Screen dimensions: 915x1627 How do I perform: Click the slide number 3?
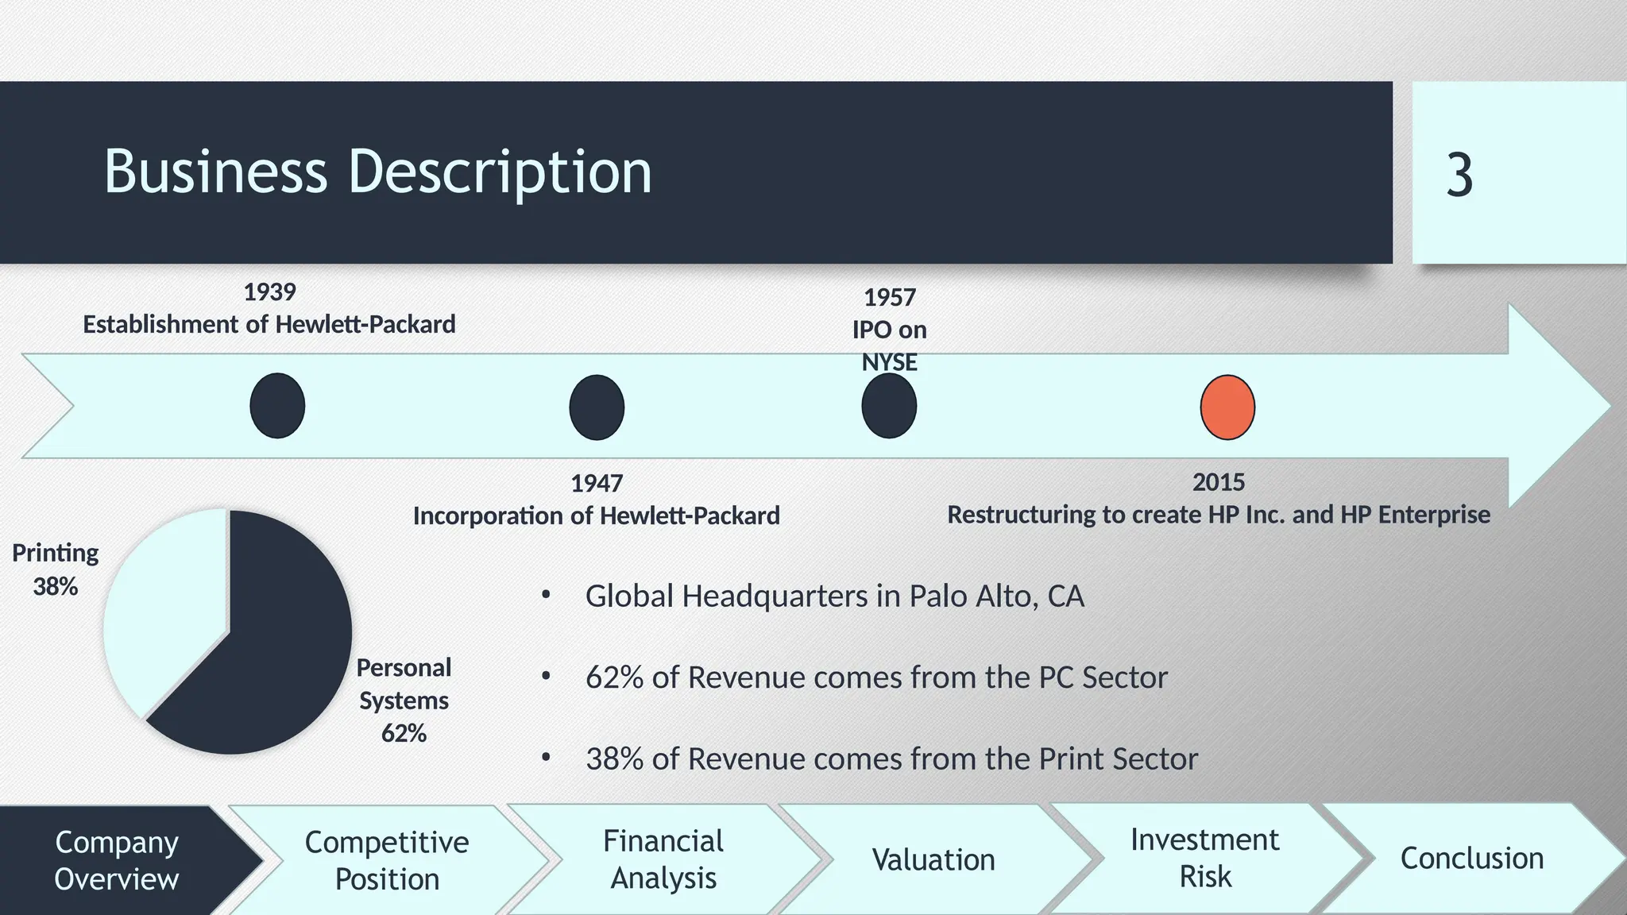pyautogui.click(x=1459, y=176)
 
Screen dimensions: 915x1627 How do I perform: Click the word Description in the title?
pyautogui.click(x=500, y=172)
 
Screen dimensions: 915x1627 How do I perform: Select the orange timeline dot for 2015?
pyautogui.click(x=1227, y=407)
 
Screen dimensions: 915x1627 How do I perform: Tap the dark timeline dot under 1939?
pyautogui.click(x=277, y=406)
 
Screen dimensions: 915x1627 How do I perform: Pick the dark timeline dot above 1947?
pyautogui.click(x=597, y=407)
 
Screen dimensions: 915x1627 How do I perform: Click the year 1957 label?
pyautogui.click(x=890, y=298)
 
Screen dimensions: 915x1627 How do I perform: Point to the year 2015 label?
pyautogui.click(x=1219, y=482)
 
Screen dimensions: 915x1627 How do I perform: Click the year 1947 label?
pyautogui.click(x=597, y=483)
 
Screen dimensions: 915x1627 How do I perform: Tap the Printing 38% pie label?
pyautogui.click(x=56, y=569)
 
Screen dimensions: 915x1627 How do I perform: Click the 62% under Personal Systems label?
pyautogui.click(x=404, y=733)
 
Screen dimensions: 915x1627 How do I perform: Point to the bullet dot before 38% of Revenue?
pyautogui.click(x=546, y=758)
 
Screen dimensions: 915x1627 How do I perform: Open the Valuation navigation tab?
pyautogui.click(x=933, y=860)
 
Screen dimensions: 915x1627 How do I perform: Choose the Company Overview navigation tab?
pyautogui.click(x=116, y=860)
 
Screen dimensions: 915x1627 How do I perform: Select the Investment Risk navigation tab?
pyautogui.click(x=1204, y=859)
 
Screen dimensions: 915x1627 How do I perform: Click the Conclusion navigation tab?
pyautogui.click(x=1471, y=859)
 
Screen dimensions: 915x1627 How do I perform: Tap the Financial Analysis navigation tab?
pyautogui.click(x=663, y=859)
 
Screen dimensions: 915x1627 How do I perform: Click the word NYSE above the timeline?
pyautogui.click(x=890, y=362)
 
